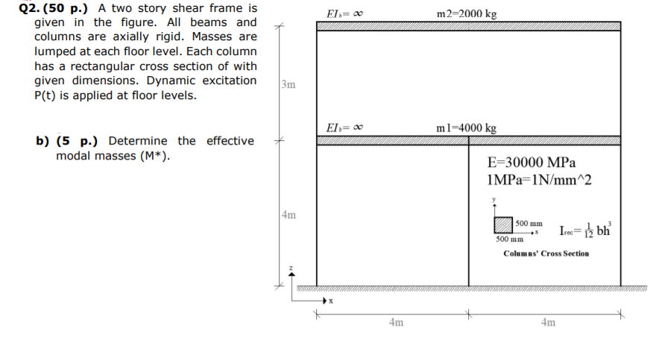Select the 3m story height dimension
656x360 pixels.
coord(289,84)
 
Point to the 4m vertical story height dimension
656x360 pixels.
coord(289,215)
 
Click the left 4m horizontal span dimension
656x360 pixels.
coord(396,323)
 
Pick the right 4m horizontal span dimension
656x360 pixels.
coord(548,323)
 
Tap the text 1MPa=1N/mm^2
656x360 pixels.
coord(537,180)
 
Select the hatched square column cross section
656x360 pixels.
coord(503,225)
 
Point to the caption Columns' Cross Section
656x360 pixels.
coord(546,253)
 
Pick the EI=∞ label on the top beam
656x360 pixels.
coord(344,14)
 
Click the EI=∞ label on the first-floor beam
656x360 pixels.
coord(344,128)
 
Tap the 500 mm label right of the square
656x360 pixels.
coord(529,223)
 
